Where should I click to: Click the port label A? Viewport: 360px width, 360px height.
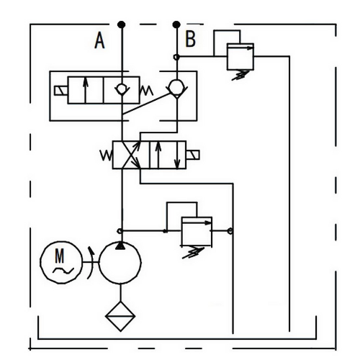coord(99,40)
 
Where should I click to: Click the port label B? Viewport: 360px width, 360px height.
coord(191,38)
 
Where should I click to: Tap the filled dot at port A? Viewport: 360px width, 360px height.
coord(122,24)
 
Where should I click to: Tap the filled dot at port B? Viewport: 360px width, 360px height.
coord(176,24)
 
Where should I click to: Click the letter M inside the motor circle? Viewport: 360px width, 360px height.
coord(60,256)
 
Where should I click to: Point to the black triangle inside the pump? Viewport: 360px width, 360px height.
coord(120,246)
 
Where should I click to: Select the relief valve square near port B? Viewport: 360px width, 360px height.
coord(240,57)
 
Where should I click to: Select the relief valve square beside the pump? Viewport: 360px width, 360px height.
coord(197,231)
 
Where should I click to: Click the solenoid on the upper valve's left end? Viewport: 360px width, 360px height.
coord(61,91)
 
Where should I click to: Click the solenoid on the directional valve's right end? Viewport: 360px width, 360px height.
coord(193,155)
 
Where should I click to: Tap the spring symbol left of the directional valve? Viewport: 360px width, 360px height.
coord(106,156)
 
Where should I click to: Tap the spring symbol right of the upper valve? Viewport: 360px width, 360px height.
coord(146,91)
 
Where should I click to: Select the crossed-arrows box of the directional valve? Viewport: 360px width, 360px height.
coord(131,155)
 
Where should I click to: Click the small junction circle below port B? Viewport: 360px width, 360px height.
coord(176,57)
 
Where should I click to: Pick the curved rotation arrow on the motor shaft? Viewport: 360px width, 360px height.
coord(91,263)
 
